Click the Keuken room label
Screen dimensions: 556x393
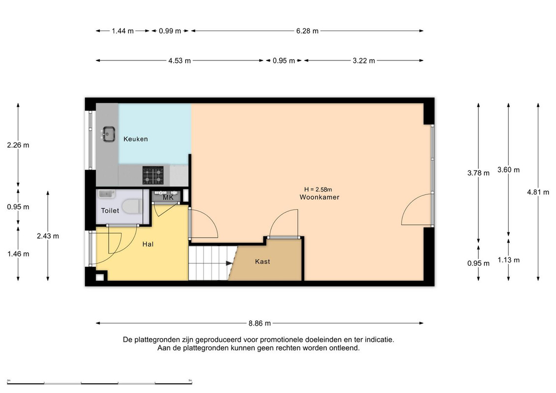pyautogui.click(x=136, y=139)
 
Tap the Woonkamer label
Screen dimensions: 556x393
pyautogui.click(x=319, y=197)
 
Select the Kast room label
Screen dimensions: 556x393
pyautogui.click(x=263, y=261)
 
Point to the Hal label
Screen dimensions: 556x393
pyautogui.click(x=148, y=244)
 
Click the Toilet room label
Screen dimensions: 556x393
pyautogui.click(x=110, y=210)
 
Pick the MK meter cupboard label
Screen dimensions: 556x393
pyautogui.click(x=168, y=197)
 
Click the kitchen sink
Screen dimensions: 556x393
pyautogui.click(x=109, y=134)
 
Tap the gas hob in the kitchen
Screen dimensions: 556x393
pyautogui.click(x=153, y=175)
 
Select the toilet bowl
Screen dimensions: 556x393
pyautogui.click(x=132, y=206)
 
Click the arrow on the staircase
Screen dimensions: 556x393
pyautogui.click(x=229, y=263)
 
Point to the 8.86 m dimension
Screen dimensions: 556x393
pyautogui.click(x=260, y=323)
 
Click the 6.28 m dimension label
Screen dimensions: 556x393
pyautogui.click(x=307, y=31)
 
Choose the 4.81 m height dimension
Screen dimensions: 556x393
pyautogui.click(x=538, y=192)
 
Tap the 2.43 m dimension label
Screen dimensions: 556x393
pyautogui.click(x=48, y=236)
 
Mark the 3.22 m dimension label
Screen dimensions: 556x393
pyautogui.click(x=363, y=60)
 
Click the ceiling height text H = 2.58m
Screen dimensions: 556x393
pyautogui.click(x=318, y=190)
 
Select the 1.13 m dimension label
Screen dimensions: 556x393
pyautogui.click(x=508, y=260)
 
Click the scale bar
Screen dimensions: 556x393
pyautogui.click(x=99, y=383)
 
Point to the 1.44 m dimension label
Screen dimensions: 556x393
pyautogui.click(x=123, y=31)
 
